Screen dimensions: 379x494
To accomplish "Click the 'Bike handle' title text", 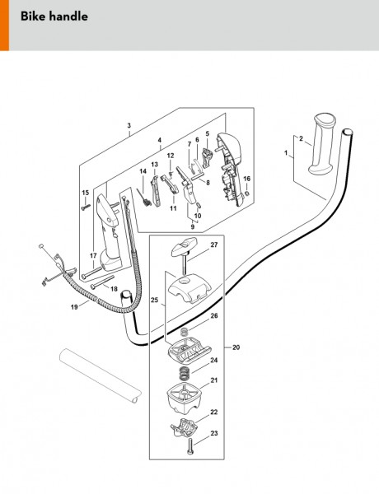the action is pos(54,16).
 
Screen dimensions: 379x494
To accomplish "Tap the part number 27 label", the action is pos(214,245).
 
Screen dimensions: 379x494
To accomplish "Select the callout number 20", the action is pos(236,347).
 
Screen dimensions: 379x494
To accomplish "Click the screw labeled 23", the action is pos(189,446).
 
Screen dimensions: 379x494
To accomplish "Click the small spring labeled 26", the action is pos(184,332).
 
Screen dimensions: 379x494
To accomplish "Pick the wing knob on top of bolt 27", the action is pos(185,245).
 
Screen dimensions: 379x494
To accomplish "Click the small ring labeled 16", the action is pos(247,193).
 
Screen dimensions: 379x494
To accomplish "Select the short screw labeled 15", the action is pos(86,207).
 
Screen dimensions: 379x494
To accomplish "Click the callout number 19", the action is pos(74,306).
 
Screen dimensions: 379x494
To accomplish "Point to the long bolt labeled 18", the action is pos(102,282).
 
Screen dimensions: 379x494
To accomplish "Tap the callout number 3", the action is pos(129,125).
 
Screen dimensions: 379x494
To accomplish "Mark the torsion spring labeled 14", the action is pos(144,198).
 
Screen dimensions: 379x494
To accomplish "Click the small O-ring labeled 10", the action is pos(199,206).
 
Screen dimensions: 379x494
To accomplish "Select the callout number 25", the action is pos(154,301).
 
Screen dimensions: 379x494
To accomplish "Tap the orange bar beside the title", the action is pos(4,26).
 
